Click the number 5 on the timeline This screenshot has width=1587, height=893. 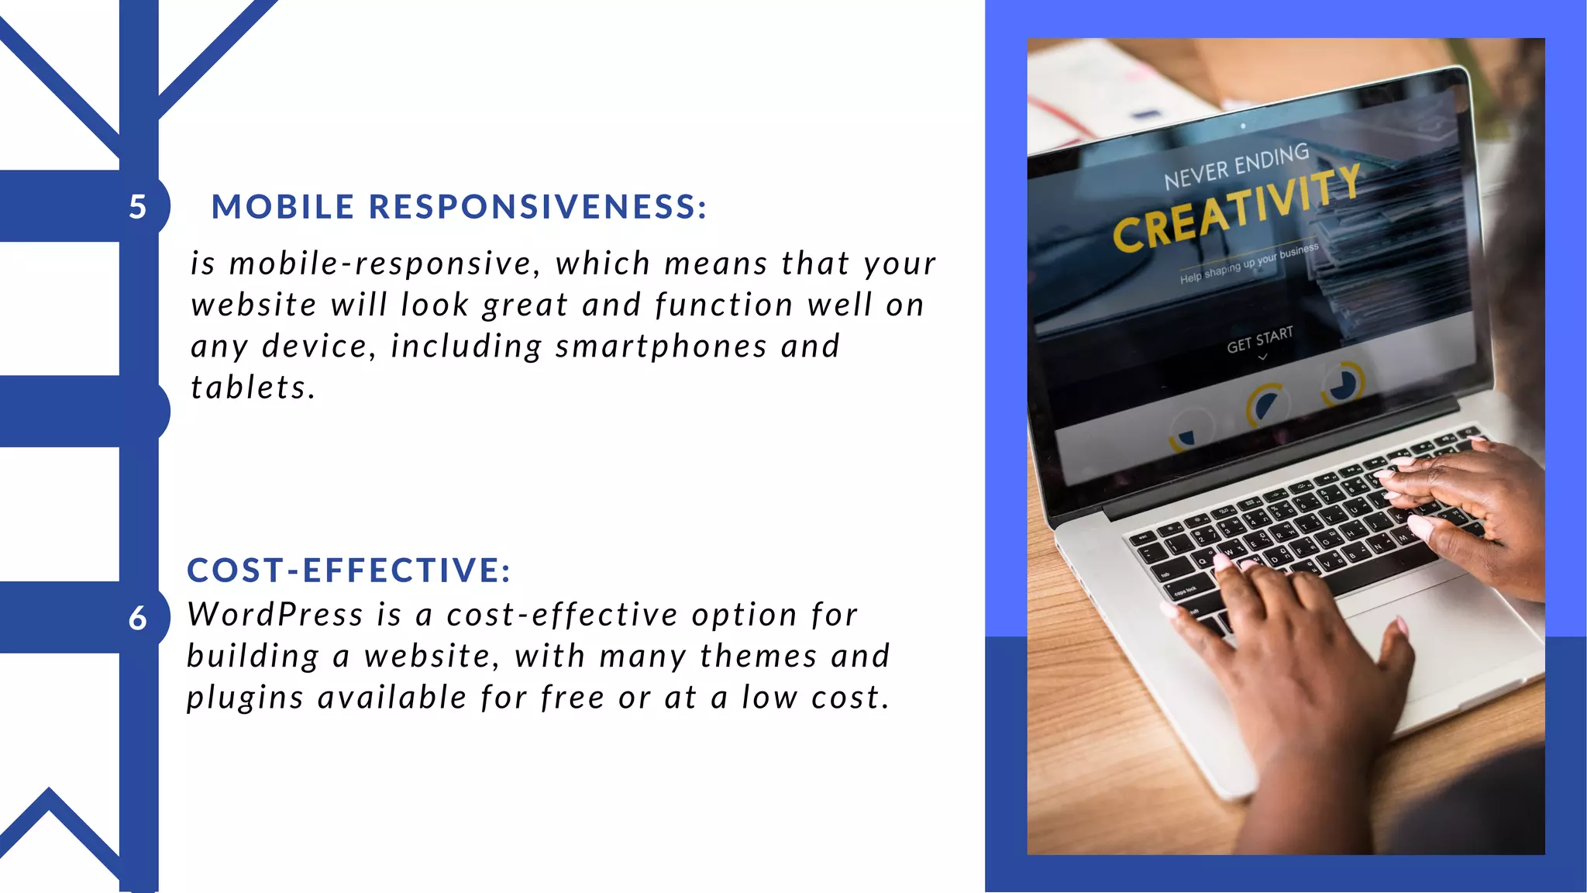137,207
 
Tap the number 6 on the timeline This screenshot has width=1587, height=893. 137,619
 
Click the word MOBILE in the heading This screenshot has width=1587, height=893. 283,207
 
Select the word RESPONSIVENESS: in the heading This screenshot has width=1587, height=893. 538,207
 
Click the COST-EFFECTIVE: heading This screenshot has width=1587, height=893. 349,571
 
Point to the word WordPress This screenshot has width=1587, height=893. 275,615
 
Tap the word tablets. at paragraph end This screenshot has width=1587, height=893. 253,388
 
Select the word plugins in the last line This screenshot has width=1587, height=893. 245,698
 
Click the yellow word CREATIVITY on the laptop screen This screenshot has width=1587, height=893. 1235,209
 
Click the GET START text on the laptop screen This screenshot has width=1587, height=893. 1260,340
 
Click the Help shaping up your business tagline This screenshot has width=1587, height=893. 1248,264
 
